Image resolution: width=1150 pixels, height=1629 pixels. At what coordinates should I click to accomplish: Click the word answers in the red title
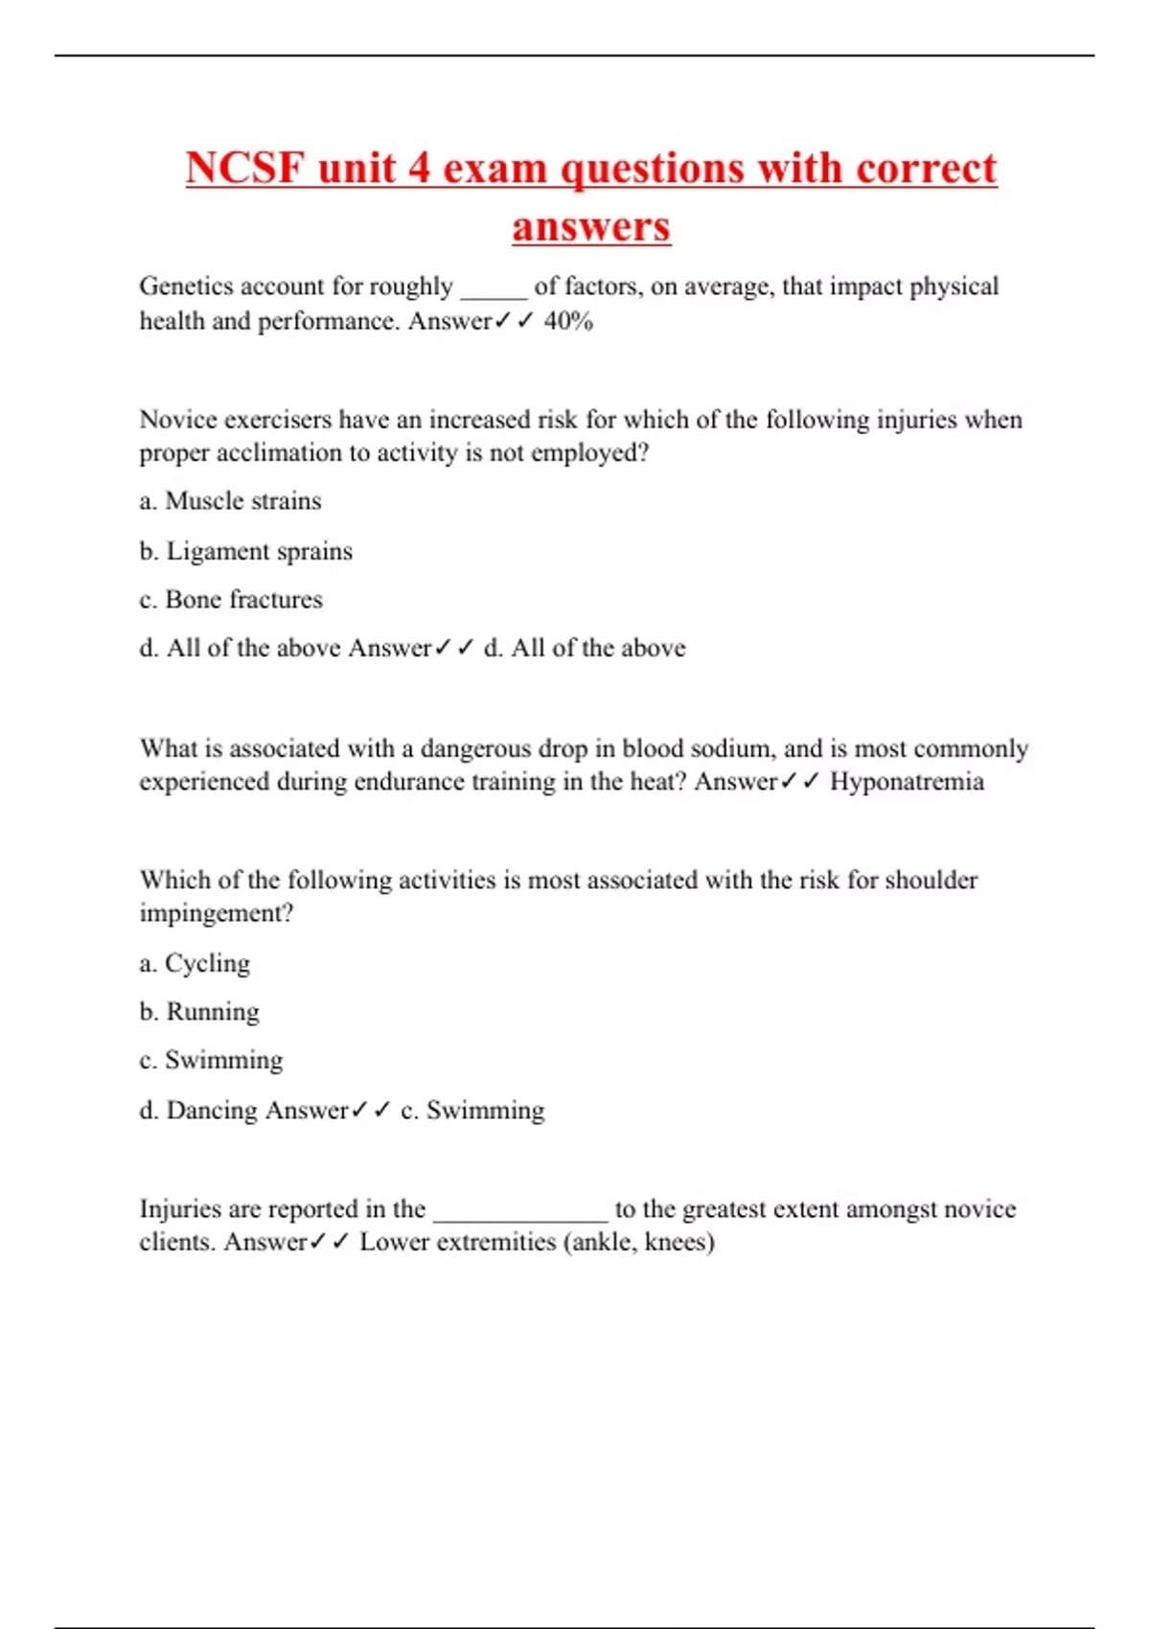pyautogui.click(x=591, y=227)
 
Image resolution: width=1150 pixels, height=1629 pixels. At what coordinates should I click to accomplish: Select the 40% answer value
pyautogui.click(x=568, y=321)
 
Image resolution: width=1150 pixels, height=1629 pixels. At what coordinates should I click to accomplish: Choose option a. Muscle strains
pyautogui.click(x=230, y=501)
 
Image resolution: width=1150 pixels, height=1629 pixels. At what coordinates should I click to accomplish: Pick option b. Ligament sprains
pyautogui.click(x=245, y=551)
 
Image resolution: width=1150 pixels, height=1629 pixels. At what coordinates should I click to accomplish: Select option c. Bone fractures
pyautogui.click(x=231, y=600)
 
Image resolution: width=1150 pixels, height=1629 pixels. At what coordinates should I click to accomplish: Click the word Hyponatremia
pyautogui.click(x=907, y=782)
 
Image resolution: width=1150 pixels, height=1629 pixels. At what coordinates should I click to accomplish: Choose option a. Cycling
pyautogui.click(x=195, y=963)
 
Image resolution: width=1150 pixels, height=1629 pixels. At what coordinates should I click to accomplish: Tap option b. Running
pyautogui.click(x=199, y=1012)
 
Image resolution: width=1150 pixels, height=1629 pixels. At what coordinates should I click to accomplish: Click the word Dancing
pyautogui.click(x=212, y=1111)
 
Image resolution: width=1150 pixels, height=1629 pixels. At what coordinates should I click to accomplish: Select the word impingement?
pyautogui.click(x=216, y=913)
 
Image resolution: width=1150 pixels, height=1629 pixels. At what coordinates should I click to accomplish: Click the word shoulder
pyautogui.click(x=931, y=880)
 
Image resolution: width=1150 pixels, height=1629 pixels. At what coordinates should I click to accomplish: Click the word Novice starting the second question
pyautogui.click(x=180, y=420)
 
